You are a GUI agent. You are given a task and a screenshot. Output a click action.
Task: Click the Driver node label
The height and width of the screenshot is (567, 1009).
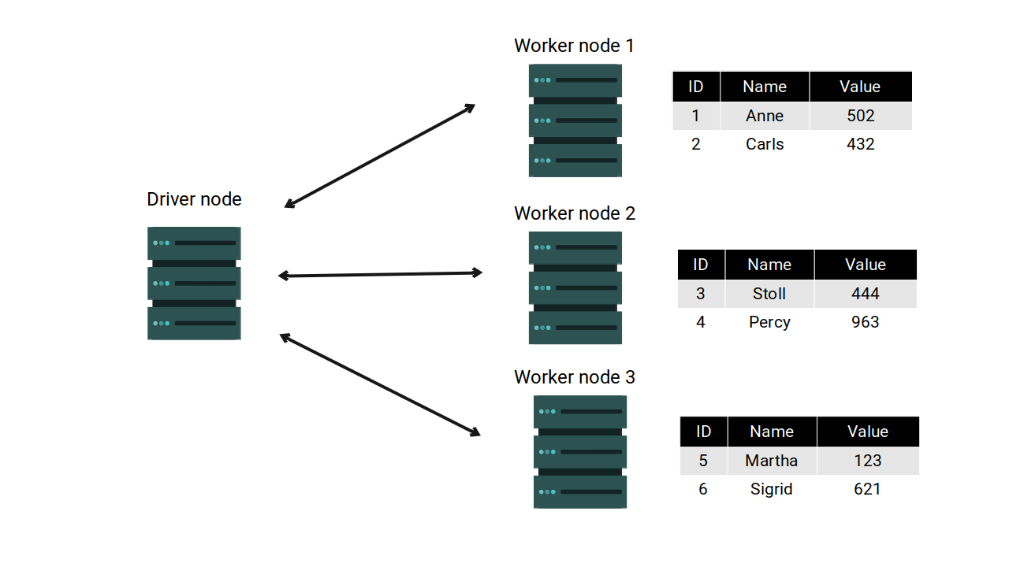click(x=194, y=199)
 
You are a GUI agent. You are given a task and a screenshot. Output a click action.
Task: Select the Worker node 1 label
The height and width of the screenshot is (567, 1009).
click(x=574, y=46)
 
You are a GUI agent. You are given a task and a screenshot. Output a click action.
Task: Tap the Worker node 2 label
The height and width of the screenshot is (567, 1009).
click(x=574, y=213)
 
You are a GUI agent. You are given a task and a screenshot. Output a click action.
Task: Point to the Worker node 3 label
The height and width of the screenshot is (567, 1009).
click(x=574, y=377)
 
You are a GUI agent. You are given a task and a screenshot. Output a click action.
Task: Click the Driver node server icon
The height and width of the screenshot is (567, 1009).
click(x=194, y=283)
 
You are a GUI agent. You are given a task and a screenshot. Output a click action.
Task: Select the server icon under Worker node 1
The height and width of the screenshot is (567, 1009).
click(x=575, y=120)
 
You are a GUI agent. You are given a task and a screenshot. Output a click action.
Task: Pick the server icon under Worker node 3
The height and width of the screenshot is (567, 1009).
click(x=580, y=451)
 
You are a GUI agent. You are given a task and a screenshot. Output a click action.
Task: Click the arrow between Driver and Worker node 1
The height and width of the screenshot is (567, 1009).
click(x=380, y=155)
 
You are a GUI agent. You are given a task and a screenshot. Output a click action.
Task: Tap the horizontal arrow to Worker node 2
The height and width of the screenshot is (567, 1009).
click(x=380, y=274)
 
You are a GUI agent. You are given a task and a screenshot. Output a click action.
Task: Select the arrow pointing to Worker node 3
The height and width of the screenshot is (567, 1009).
click(x=380, y=384)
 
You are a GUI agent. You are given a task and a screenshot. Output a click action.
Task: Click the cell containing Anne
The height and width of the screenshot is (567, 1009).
click(x=765, y=116)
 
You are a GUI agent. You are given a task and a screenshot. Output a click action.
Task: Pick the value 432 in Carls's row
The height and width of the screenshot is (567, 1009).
click(x=860, y=144)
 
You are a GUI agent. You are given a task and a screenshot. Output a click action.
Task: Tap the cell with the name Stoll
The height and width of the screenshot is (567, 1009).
click(x=769, y=294)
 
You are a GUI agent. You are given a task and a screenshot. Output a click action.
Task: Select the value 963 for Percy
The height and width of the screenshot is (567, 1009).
click(x=865, y=322)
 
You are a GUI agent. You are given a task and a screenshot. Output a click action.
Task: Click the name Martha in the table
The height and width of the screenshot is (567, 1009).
click(x=772, y=461)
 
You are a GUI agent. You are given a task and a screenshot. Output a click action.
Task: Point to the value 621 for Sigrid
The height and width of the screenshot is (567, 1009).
click(x=867, y=489)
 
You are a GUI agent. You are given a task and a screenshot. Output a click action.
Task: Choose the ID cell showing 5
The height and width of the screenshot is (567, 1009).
click(x=703, y=461)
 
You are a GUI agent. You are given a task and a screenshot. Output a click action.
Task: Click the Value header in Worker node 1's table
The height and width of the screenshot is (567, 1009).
click(x=860, y=87)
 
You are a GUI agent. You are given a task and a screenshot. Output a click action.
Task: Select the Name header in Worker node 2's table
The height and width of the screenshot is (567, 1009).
click(x=769, y=265)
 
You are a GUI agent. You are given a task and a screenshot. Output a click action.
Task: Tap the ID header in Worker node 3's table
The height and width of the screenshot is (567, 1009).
click(x=703, y=432)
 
